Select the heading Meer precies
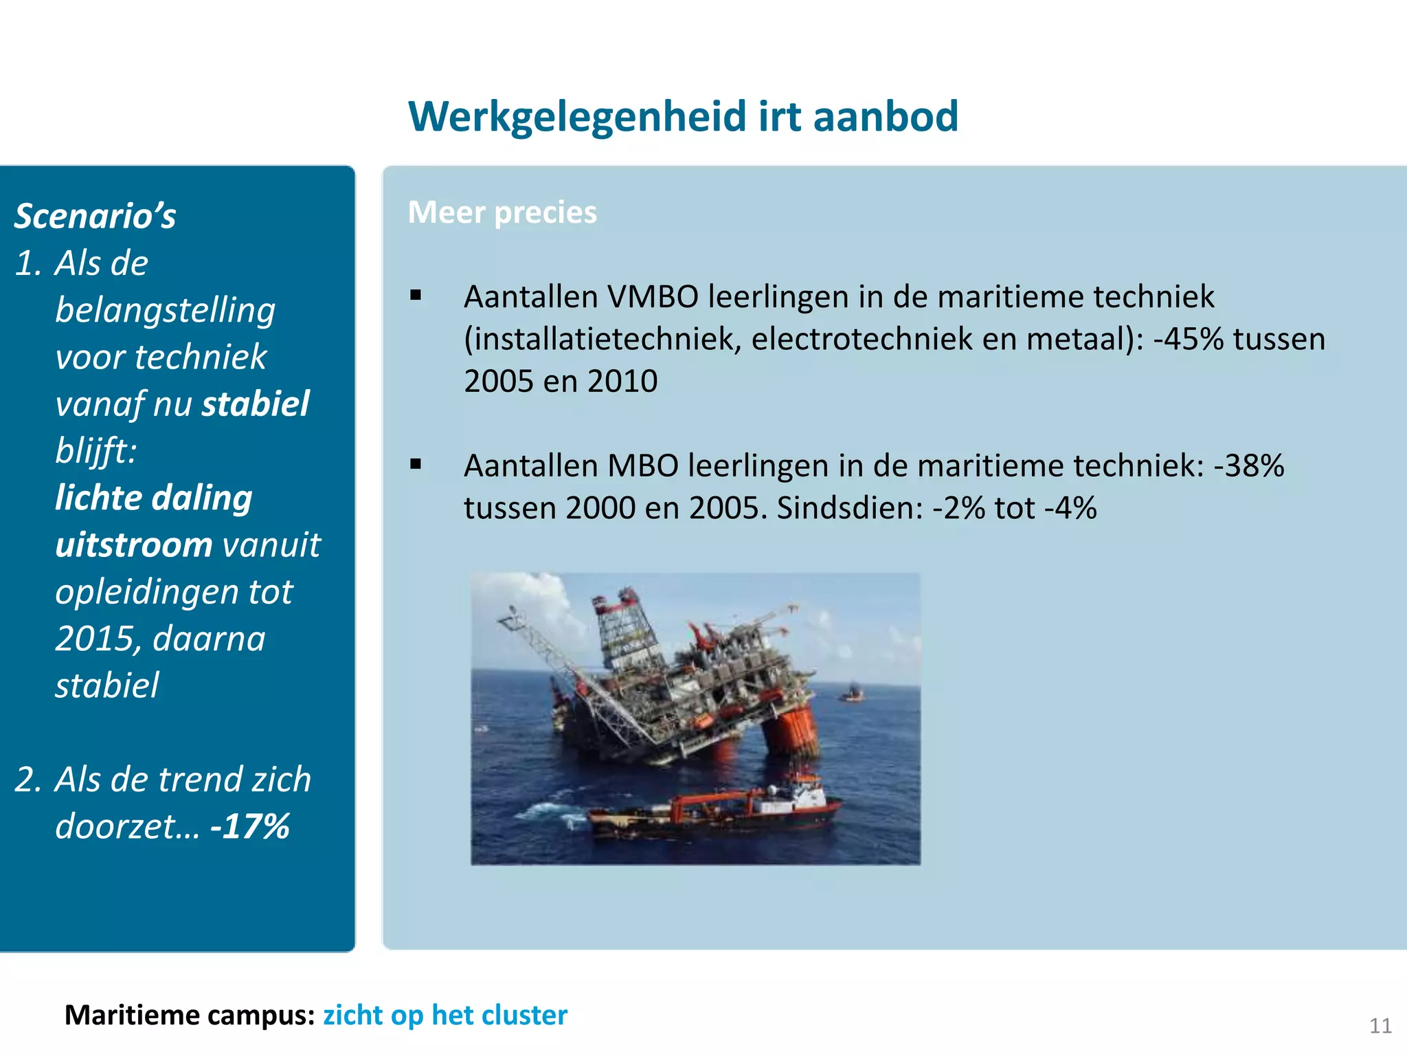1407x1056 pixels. click(502, 212)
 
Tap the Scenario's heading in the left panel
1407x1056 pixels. click(95, 216)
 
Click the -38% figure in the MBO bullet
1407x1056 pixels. click(1248, 466)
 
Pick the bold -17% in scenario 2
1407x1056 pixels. click(250, 826)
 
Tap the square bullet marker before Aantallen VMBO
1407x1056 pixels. click(416, 296)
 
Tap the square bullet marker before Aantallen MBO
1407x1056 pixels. click(416, 464)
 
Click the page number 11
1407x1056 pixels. click(1380, 1026)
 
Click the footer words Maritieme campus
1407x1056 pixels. click(190, 1015)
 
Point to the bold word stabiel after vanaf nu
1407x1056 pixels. click(255, 404)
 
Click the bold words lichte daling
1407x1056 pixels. click(154, 498)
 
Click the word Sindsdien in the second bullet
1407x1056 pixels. click(849, 509)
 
